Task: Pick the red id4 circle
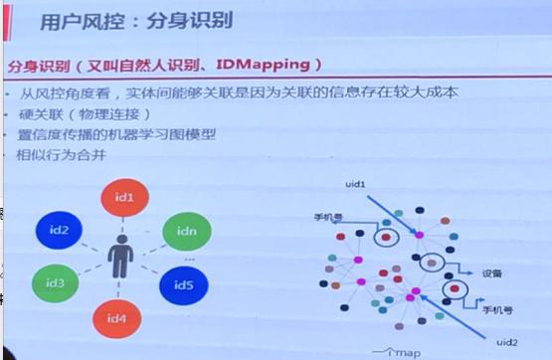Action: (x=119, y=319)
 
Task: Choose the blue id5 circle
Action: (x=183, y=285)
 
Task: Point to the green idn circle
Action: (x=184, y=233)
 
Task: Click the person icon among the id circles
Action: (x=120, y=257)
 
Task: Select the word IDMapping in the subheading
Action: (x=272, y=66)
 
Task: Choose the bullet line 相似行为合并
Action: (x=67, y=155)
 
